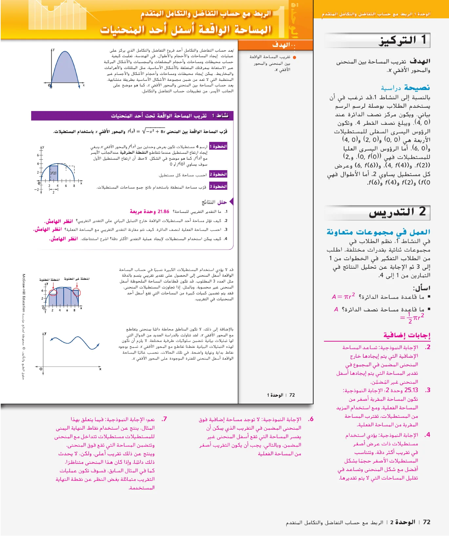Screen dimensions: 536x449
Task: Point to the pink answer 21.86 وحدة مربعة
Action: [149, 211]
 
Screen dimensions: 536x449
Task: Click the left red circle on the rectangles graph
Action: [53, 292]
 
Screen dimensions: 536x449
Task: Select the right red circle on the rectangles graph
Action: [77, 292]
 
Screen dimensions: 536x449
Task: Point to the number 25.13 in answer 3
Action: [411, 390]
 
